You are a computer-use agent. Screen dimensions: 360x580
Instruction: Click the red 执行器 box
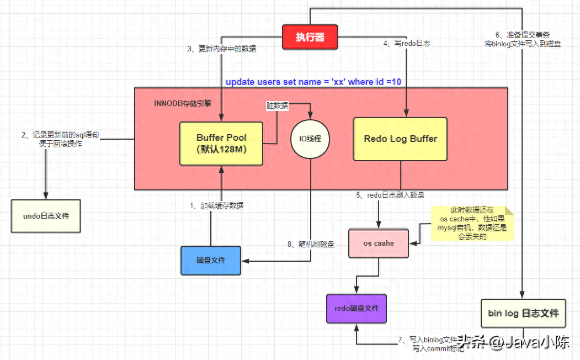310,38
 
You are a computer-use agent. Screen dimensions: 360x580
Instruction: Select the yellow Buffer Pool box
221,143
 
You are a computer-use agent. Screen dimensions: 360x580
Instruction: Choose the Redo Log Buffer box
400,139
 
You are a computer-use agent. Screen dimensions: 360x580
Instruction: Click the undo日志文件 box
46,216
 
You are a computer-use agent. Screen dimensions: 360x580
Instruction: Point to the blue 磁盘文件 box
211,260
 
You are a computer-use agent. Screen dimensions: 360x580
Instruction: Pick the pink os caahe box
379,243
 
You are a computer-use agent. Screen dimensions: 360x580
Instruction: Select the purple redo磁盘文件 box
356,308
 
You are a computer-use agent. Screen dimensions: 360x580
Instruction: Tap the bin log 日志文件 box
523,314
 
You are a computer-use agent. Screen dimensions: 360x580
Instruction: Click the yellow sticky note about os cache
471,223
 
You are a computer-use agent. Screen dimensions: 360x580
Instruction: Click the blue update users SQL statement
313,82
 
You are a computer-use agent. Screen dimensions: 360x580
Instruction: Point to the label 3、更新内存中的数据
222,49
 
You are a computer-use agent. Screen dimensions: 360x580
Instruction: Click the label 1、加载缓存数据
216,205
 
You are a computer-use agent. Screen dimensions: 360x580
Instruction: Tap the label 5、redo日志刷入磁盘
390,195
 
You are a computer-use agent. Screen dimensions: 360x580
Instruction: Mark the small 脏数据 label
277,105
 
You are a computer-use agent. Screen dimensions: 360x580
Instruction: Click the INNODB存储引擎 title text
183,103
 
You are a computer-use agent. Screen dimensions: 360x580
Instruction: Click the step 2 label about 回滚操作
60,139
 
